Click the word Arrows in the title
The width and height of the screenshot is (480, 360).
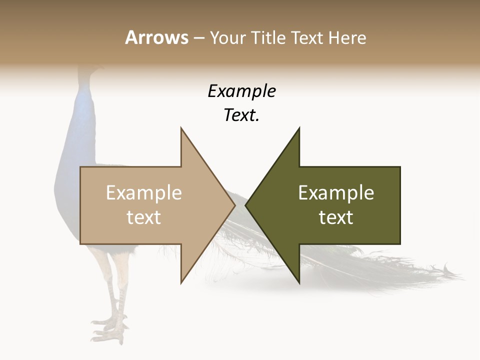coord(156,37)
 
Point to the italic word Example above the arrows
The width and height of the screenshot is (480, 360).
coord(241,91)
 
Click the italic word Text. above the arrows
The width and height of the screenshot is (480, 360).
coord(241,115)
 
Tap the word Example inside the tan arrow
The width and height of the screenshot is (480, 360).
coord(144,192)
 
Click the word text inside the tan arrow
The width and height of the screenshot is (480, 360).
coord(144,217)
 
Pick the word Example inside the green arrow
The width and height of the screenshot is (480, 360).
coord(336,192)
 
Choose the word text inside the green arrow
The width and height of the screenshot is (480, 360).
coord(336,217)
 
